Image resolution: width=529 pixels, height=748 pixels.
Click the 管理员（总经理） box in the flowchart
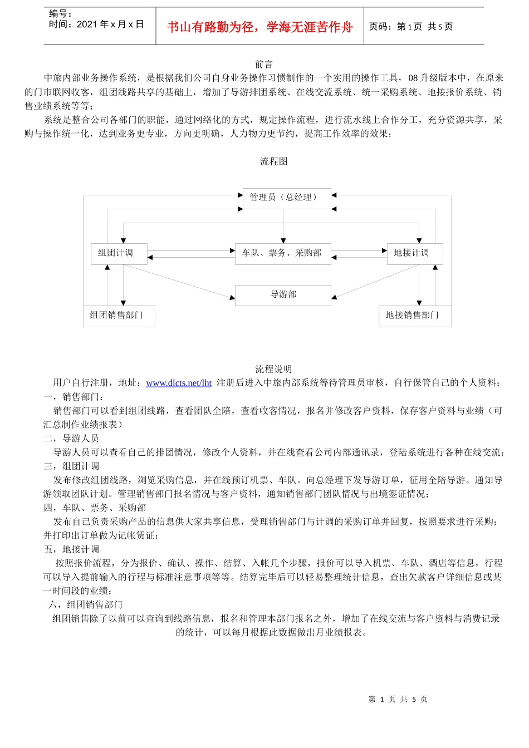[x=287, y=198]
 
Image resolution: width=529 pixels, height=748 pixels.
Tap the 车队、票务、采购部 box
[x=283, y=253]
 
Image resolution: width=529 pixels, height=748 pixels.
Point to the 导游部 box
[x=283, y=295]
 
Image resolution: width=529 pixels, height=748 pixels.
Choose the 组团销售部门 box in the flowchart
[x=119, y=316]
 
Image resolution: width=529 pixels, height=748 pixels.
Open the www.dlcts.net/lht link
[x=179, y=383]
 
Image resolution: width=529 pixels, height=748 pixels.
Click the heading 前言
[x=264, y=65]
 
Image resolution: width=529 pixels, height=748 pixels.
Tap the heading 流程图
[x=273, y=161]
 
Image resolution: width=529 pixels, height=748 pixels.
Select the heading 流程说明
[x=273, y=369]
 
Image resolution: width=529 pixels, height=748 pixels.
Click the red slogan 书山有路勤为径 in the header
[x=260, y=27]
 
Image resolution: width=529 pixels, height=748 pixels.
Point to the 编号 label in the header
[x=60, y=14]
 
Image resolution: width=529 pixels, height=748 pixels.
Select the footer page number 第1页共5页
[x=398, y=699]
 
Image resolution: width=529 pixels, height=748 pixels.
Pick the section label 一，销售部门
[x=74, y=397]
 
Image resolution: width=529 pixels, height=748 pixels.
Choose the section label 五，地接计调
[x=71, y=549]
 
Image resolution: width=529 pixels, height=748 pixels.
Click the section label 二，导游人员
[x=71, y=439]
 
